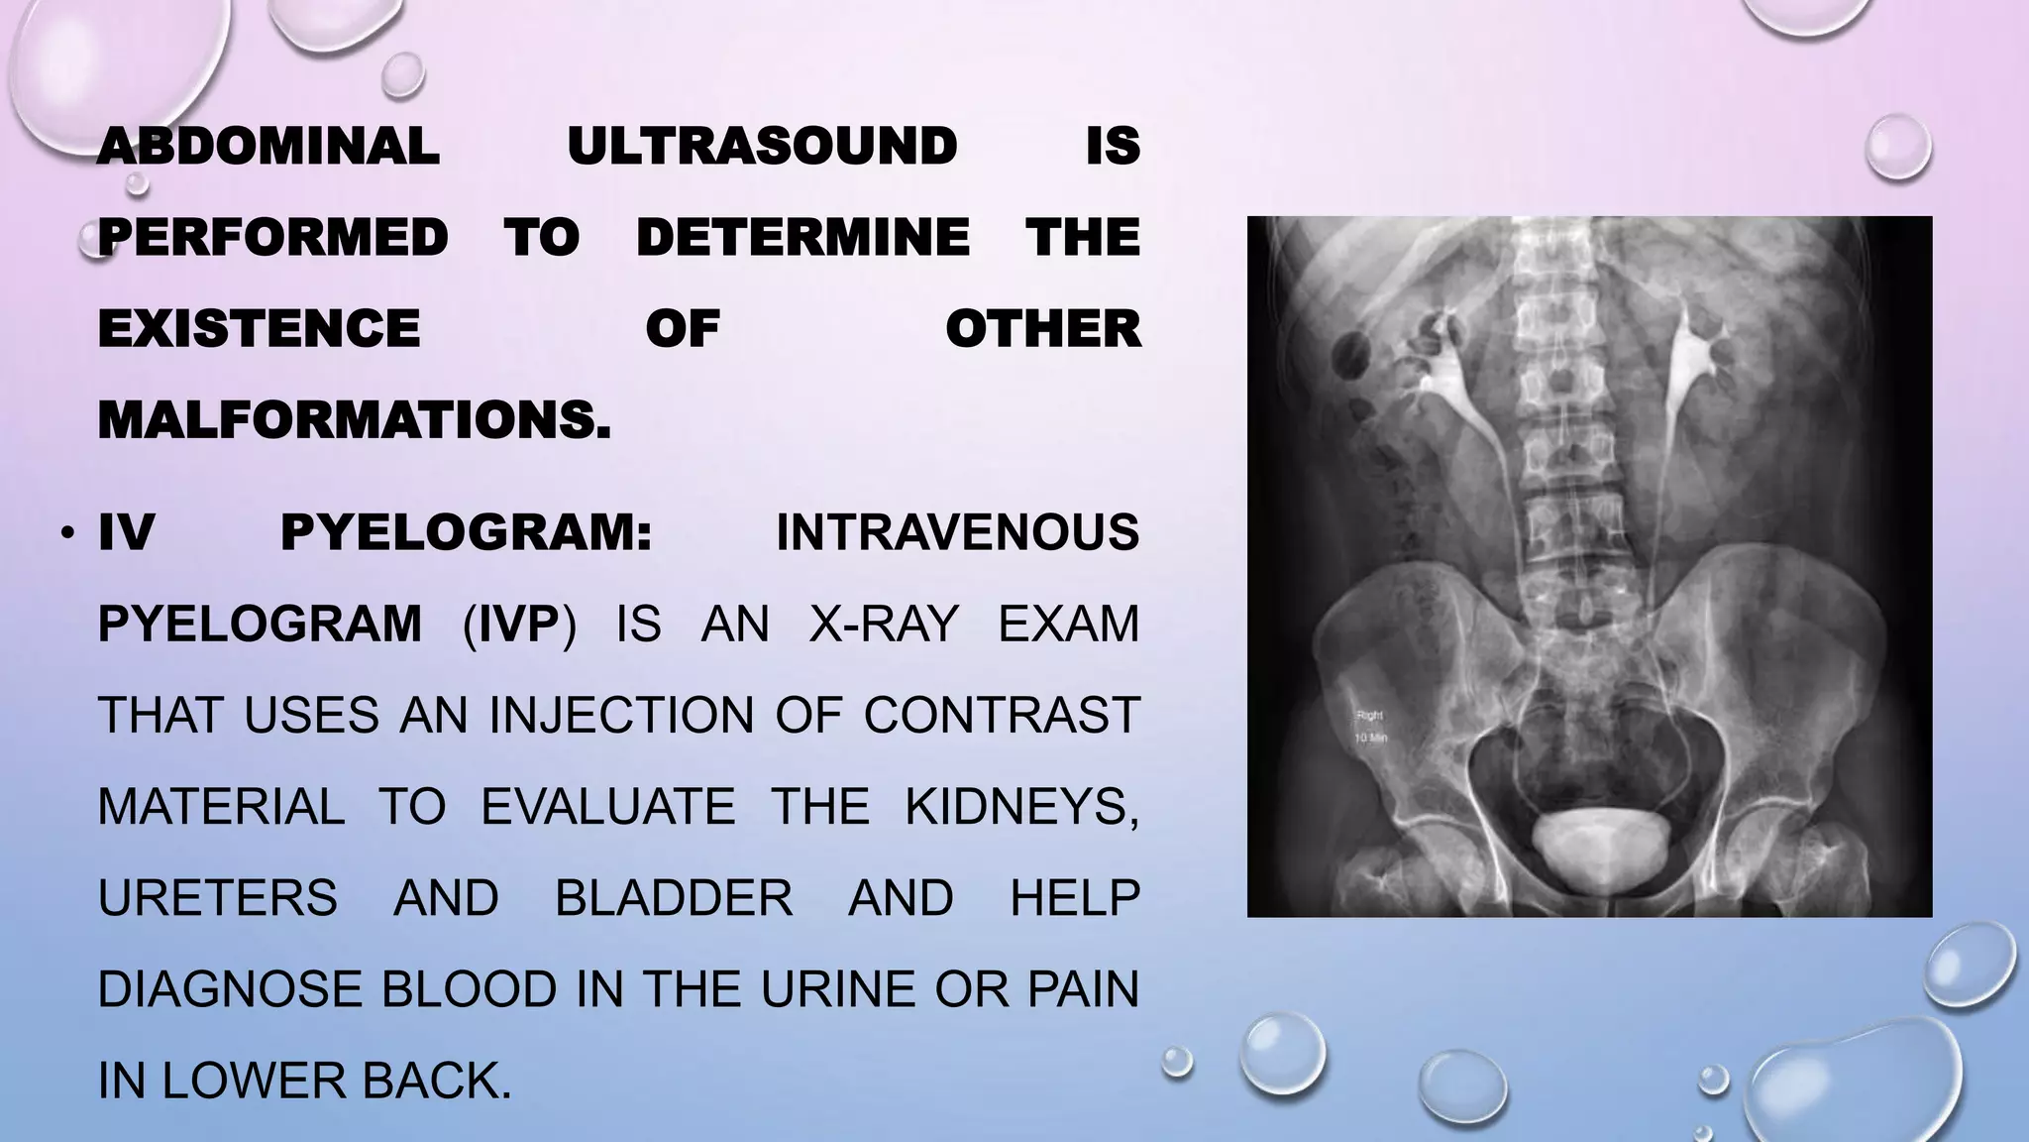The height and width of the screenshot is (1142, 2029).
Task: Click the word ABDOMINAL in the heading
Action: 268,147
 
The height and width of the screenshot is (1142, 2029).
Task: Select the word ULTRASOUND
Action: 762,147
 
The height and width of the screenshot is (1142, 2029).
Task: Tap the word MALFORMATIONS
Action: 354,420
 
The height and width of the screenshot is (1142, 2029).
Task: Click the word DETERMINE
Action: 802,238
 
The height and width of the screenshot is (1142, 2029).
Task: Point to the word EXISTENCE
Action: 259,329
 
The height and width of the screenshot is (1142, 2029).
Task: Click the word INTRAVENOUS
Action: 957,533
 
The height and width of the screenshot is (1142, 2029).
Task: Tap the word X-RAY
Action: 884,625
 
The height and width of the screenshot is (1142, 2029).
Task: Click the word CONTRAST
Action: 1001,716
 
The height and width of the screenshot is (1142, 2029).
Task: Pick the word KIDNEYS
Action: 1021,807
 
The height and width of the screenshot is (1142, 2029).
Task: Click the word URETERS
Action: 218,898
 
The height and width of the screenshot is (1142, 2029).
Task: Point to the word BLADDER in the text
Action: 674,898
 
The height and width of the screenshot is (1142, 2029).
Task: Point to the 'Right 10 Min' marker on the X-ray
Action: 1369,727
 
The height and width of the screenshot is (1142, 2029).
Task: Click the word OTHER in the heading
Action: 1042,329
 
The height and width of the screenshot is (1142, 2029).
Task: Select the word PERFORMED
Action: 273,238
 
